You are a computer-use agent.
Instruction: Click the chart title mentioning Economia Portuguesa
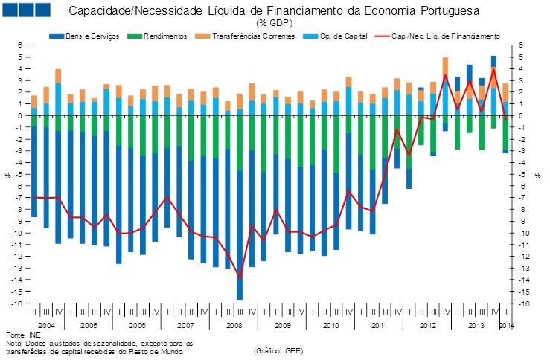click(x=274, y=12)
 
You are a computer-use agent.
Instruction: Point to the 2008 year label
click(x=233, y=326)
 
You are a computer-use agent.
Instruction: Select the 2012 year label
click(x=426, y=326)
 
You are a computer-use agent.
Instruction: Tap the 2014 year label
click(x=506, y=326)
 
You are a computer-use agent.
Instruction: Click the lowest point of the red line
click(x=240, y=277)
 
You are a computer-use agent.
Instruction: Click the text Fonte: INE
click(x=20, y=335)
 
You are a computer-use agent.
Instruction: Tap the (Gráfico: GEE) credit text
click(x=278, y=350)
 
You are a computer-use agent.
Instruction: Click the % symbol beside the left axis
click(x=7, y=175)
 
